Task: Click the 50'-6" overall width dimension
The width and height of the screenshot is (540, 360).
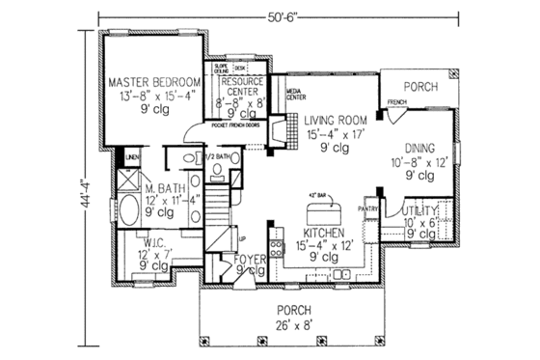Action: (287, 14)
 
